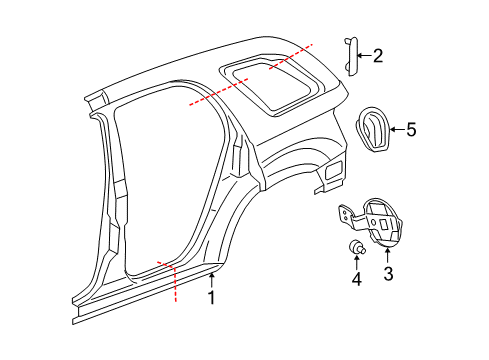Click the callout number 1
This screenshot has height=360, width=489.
211,298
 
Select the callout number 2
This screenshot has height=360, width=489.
377,56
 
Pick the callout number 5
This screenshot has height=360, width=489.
409,128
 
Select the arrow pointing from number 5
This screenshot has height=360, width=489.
395,128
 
